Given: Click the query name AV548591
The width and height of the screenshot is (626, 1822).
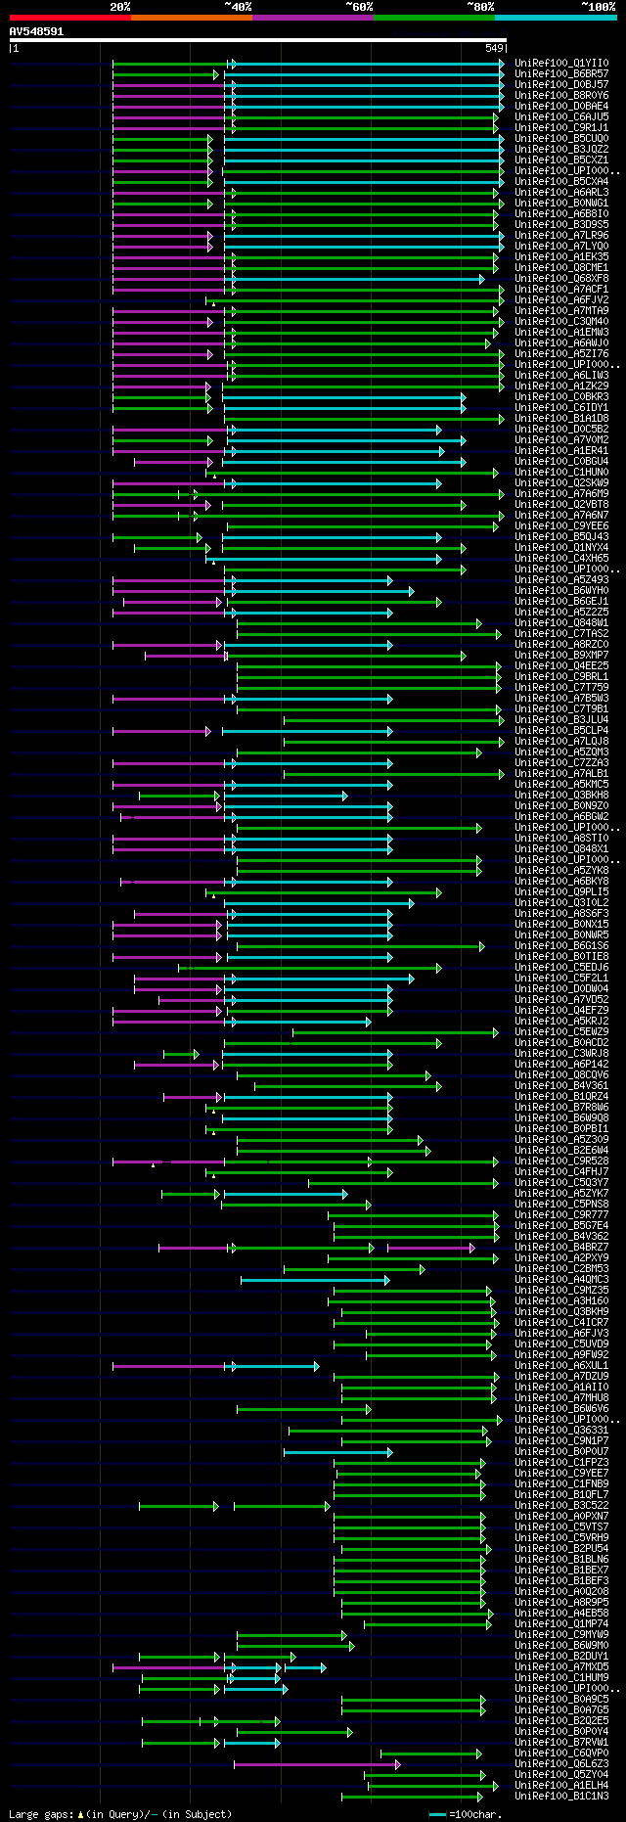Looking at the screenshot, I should pyautogui.click(x=36, y=31).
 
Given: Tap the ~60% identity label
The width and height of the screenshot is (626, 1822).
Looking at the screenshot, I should pyautogui.click(x=359, y=7).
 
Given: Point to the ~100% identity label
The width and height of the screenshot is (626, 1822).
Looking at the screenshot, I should pyautogui.click(x=599, y=7).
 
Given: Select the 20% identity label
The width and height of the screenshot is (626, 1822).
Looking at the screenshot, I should pyautogui.click(x=120, y=7).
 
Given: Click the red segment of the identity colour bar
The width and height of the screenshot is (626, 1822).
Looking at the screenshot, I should pyautogui.click(x=69, y=18).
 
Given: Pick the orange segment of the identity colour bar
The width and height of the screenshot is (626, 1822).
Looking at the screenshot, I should pyautogui.click(x=191, y=18).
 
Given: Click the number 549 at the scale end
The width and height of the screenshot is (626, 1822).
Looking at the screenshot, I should pyautogui.click(x=494, y=48).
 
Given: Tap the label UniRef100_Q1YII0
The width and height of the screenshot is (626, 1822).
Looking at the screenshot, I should pyautogui.click(x=561, y=64).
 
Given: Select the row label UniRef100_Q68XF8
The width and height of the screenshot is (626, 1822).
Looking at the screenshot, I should pyautogui.click(x=561, y=279).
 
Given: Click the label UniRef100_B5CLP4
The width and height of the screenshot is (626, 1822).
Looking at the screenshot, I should pyautogui.click(x=561, y=731).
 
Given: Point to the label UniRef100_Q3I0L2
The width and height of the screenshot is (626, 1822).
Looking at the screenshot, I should pyautogui.click(x=561, y=903).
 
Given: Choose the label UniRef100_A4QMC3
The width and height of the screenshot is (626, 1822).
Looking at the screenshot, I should pyautogui.click(x=561, y=1280).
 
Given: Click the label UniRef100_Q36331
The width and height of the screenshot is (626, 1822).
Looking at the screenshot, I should pyautogui.click(x=561, y=1431).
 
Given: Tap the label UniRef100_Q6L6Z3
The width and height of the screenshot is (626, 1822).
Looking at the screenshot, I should pyautogui.click(x=561, y=1764).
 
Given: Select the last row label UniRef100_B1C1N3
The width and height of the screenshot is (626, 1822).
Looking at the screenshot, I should pyautogui.click(x=561, y=1797).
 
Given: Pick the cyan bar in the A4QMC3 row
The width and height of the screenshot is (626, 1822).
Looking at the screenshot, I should pyautogui.click(x=314, y=1280).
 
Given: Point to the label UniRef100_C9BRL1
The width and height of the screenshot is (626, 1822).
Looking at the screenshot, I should pyautogui.click(x=561, y=677).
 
